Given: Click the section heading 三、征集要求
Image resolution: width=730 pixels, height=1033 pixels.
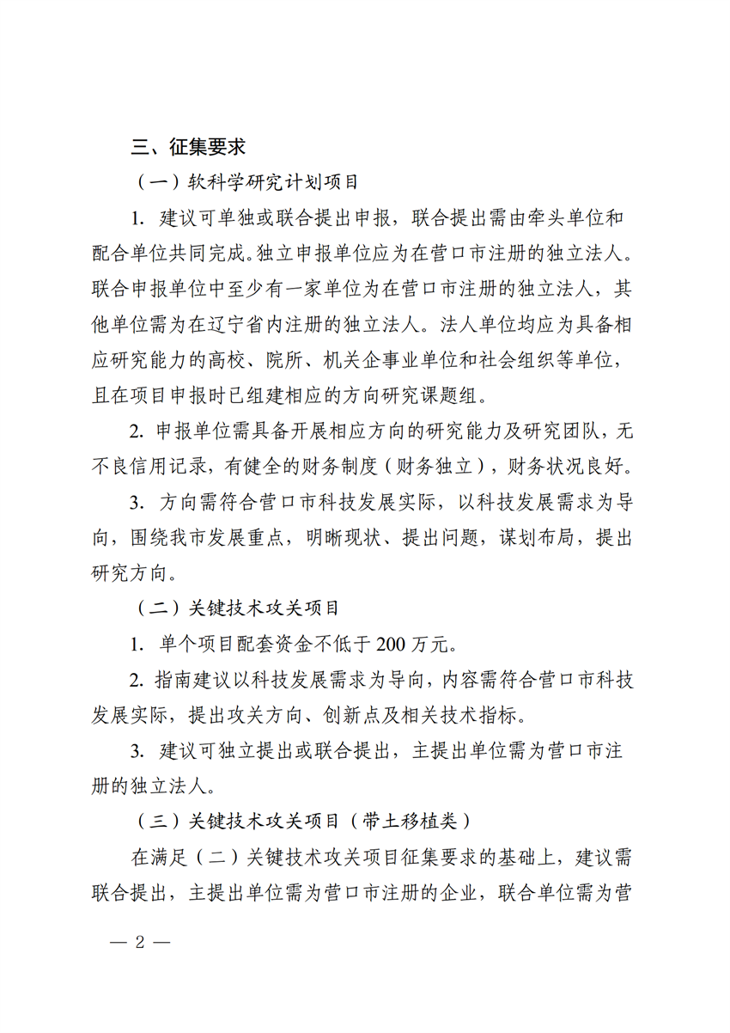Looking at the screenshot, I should [188, 147].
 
